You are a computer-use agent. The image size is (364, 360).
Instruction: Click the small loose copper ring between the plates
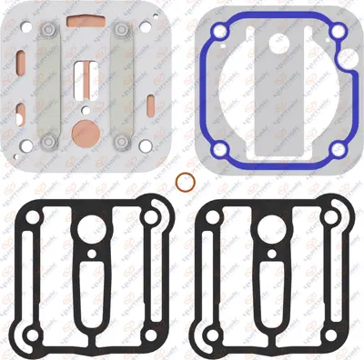click(182, 180)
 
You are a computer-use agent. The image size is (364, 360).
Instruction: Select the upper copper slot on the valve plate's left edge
click(20, 62)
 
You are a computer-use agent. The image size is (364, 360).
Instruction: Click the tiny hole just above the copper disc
click(85, 105)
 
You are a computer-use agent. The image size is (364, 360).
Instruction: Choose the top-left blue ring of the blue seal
click(217, 34)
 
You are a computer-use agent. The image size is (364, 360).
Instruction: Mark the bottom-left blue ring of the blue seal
click(219, 149)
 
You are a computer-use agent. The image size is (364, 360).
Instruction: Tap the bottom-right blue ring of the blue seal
click(338, 149)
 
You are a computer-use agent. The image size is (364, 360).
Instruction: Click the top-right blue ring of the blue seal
click(338, 34)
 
